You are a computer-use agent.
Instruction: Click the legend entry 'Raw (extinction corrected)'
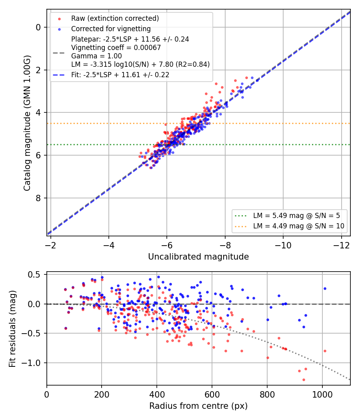pos(115,18)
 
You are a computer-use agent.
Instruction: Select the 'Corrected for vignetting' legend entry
pos(111,29)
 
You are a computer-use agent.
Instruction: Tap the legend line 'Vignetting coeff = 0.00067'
pos(116,48)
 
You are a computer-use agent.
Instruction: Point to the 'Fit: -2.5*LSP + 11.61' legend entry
pos(120,75)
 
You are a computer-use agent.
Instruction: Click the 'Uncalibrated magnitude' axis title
pos(198,257)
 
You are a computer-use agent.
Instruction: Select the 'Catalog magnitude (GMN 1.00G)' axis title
pos(27,123)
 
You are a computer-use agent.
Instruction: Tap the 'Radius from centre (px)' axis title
pos(198,406)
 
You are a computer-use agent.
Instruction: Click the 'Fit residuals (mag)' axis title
pos(12,329)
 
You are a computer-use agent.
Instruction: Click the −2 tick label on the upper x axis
pos(50,245)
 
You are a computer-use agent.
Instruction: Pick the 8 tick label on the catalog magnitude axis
pos(38,198)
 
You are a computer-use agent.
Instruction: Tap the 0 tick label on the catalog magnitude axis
pos(38,27)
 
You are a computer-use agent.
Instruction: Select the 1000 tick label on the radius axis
pos(322,394)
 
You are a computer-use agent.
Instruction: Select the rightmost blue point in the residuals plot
pos(325,288)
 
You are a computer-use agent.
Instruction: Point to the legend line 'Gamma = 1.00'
pos(96,56)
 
